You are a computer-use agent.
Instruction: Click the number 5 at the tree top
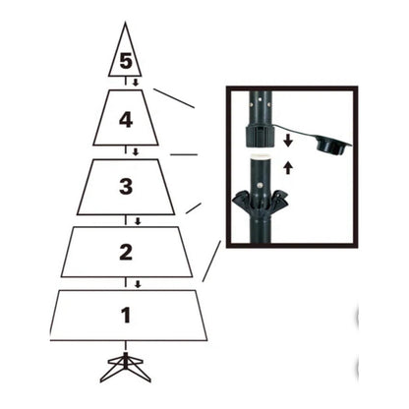[125, 61]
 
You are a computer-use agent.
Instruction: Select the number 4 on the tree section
[125, 120]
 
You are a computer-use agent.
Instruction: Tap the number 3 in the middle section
[125, 186]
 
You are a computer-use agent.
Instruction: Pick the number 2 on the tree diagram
[125, 252]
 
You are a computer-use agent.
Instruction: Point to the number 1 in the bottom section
[125, 317]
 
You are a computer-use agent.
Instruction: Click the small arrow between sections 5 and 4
[136, 84]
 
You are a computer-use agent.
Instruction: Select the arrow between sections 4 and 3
[136, 150]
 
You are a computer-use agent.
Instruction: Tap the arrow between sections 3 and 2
[136, 220]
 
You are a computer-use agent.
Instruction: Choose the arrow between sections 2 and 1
[137, 285]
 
